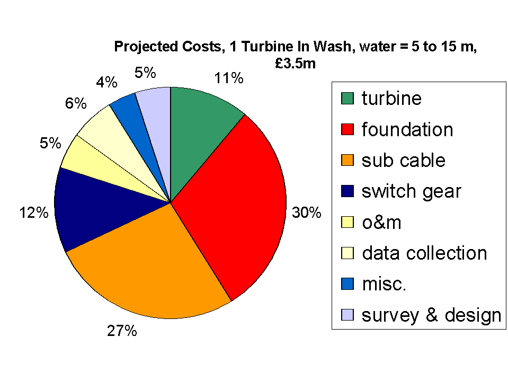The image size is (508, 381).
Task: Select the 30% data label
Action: pos(307,212)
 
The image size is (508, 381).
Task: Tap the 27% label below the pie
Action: pos(122,331)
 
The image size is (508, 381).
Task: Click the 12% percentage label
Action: pos(34,213)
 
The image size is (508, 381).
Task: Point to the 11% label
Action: pos(229,78)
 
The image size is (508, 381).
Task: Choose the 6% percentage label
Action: pos(76,103)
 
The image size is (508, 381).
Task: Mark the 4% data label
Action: pos(106,82)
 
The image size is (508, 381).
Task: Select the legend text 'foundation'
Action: pos(407,130)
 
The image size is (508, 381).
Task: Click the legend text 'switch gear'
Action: pos(411,191)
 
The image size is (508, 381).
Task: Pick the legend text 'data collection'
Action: pos(424,253)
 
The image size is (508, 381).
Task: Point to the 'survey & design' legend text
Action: pos(431,315)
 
